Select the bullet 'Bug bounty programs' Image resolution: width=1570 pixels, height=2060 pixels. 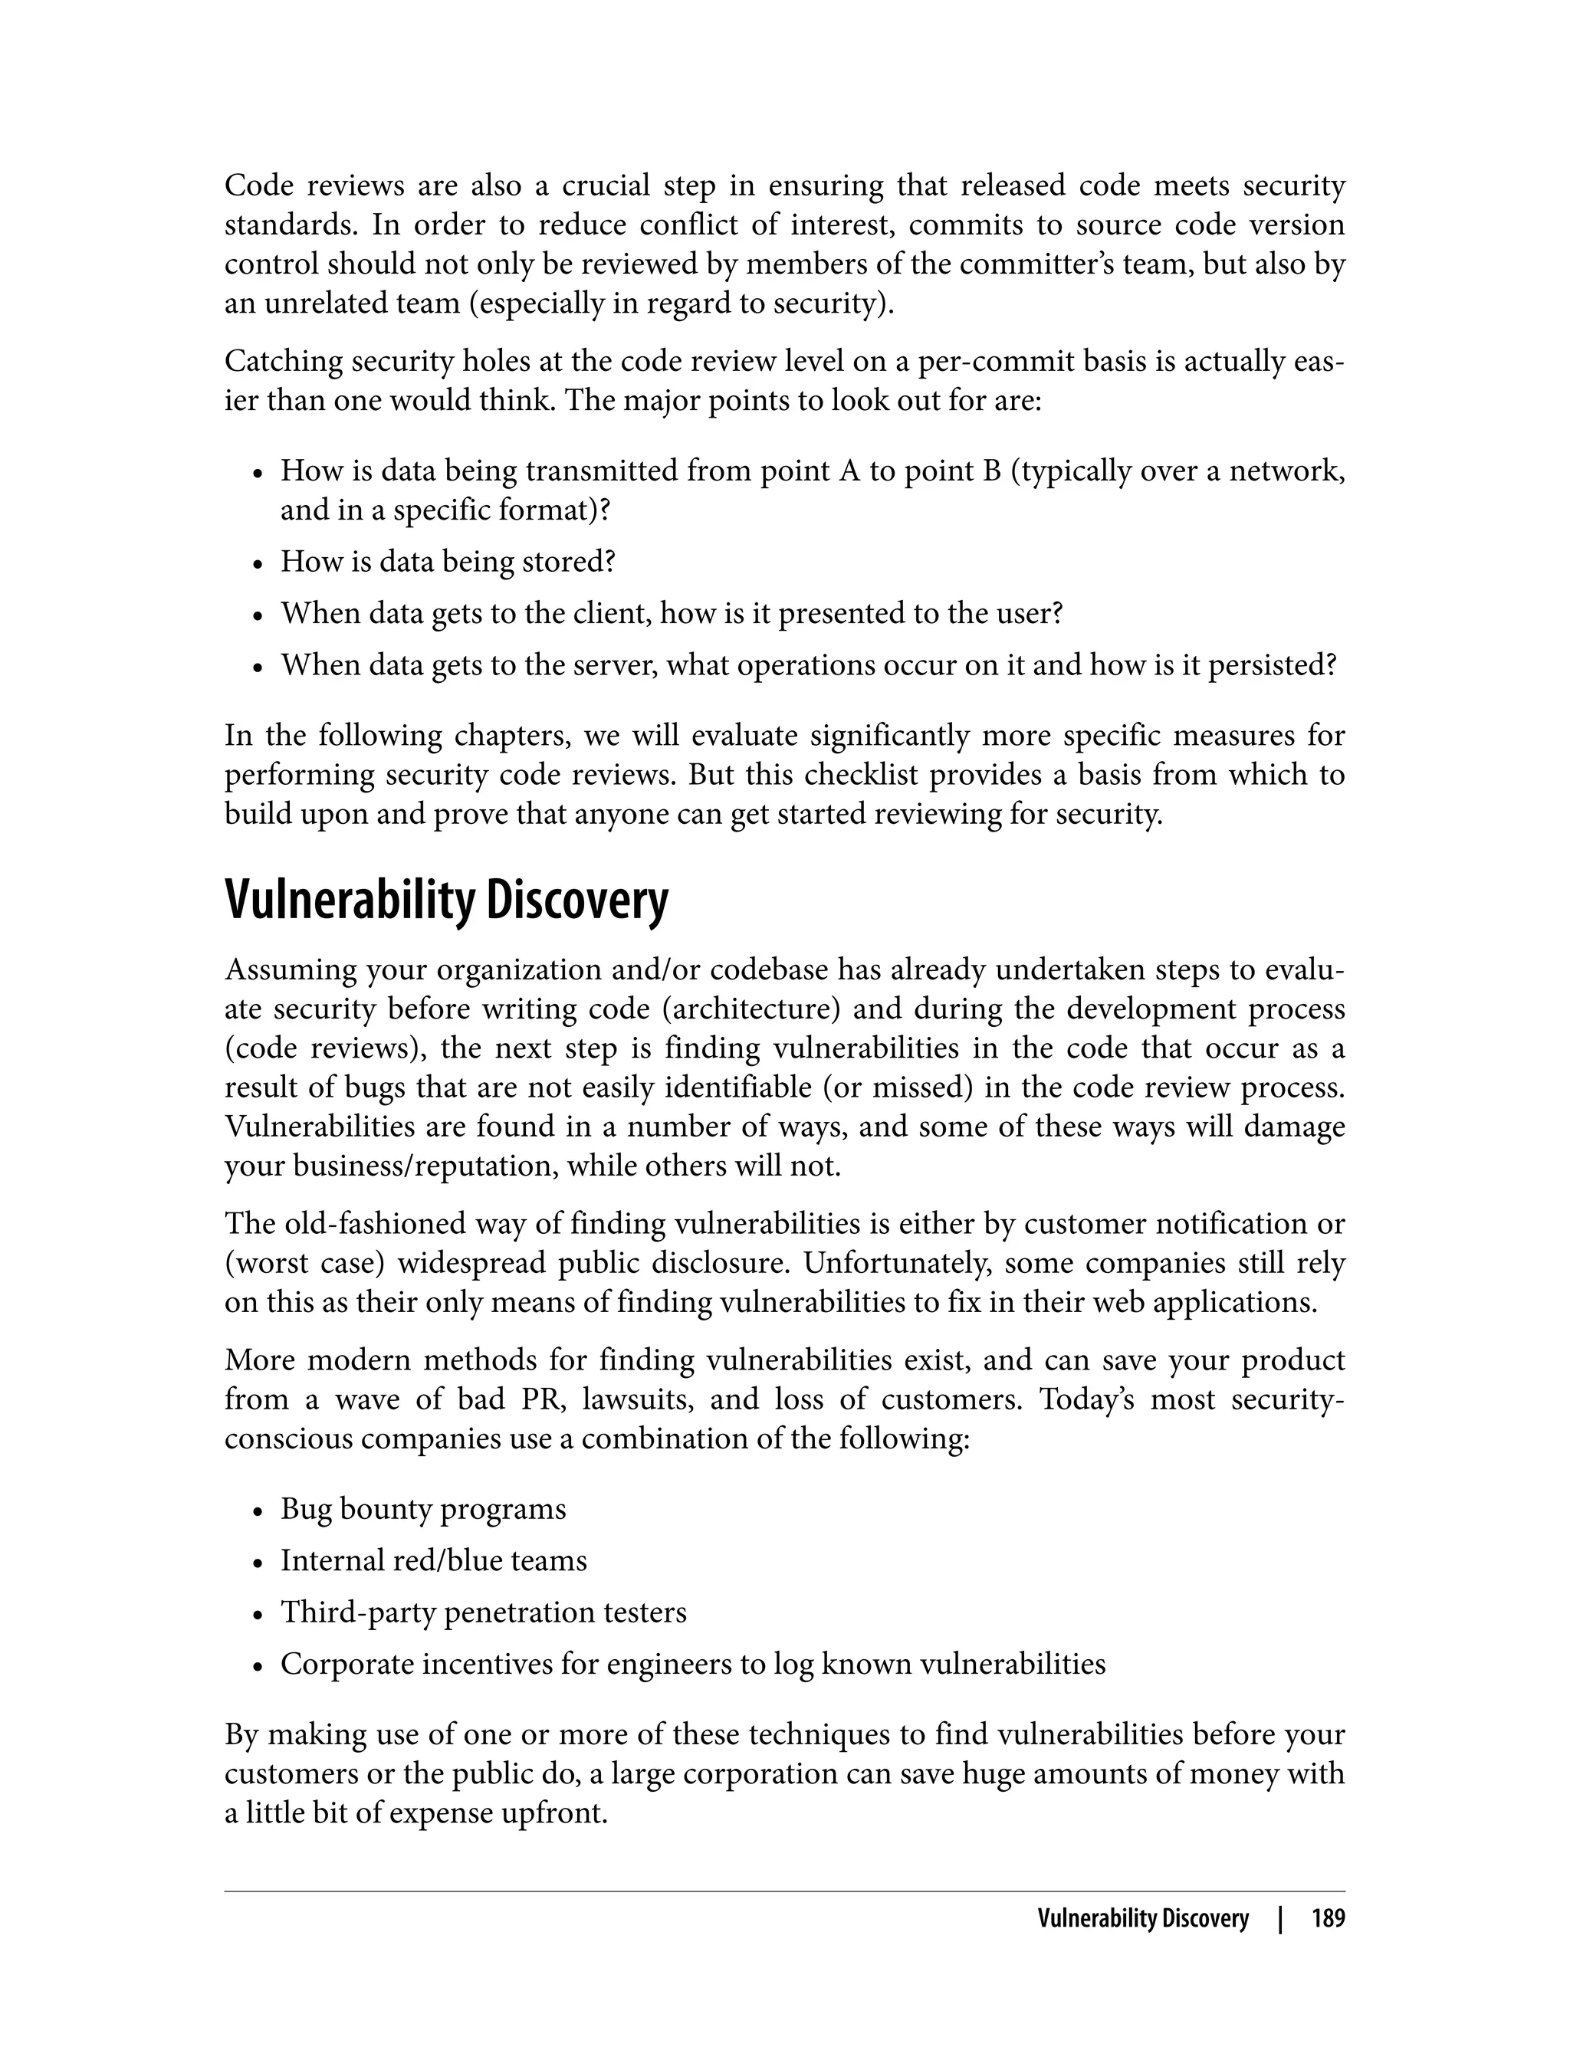click(x=422, y=1509)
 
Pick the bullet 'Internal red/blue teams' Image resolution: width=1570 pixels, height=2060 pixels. click(x=434, y=1560)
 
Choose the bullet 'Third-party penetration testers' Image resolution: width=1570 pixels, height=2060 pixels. click(x=483, y=1612)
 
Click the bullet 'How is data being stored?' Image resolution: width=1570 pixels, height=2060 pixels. click(x=448, y=562)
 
